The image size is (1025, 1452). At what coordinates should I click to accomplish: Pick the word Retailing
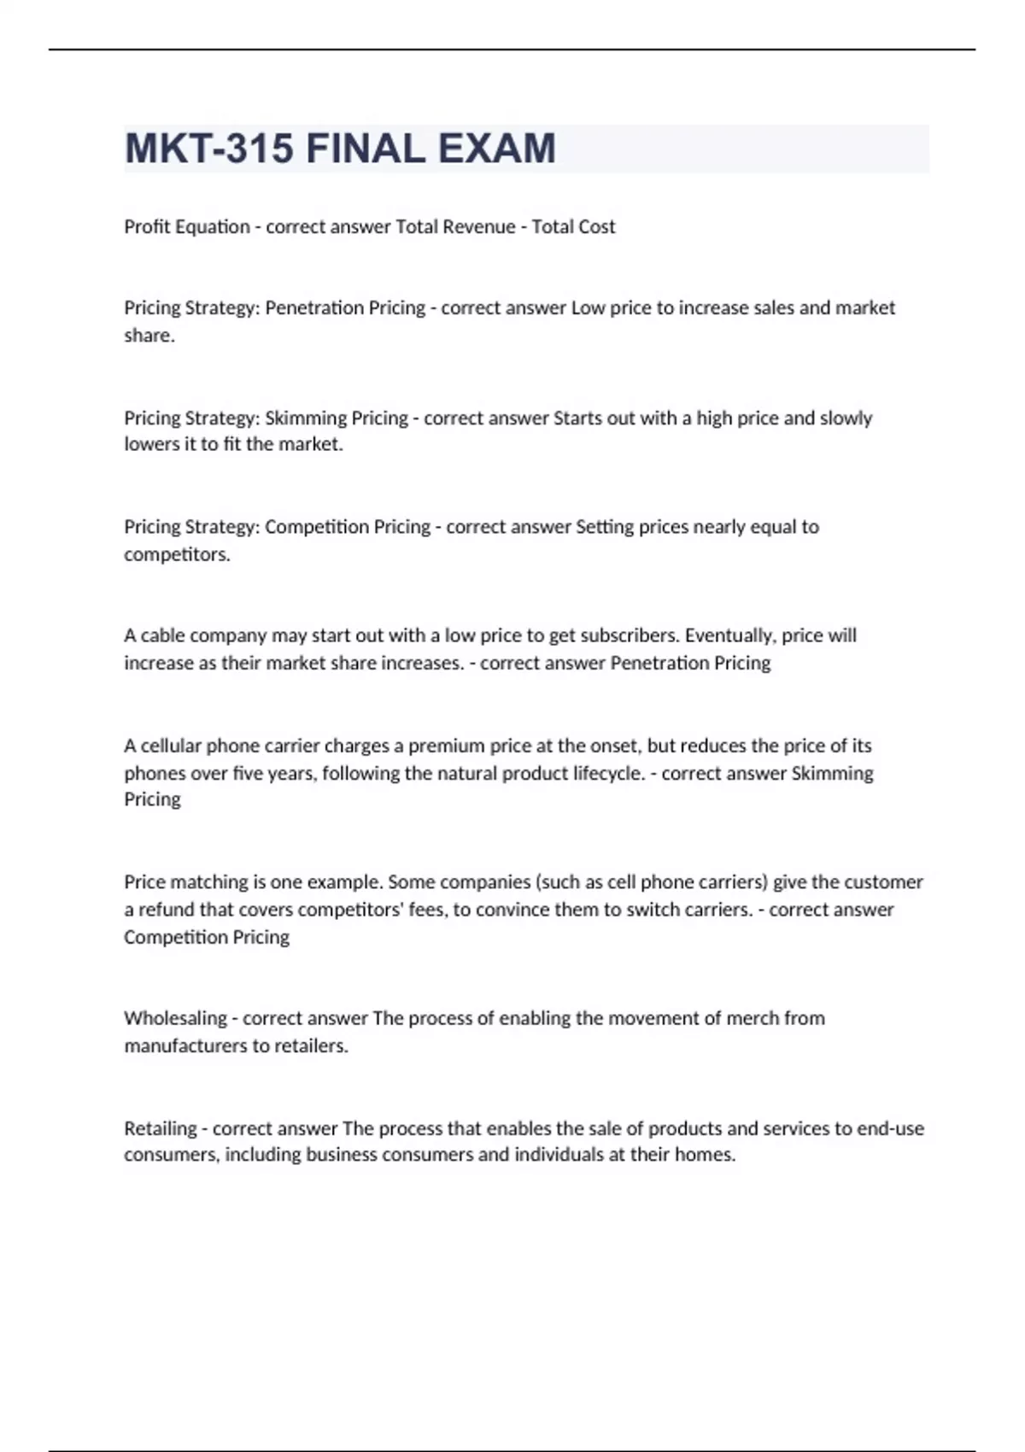click(x=161, y=1129)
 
